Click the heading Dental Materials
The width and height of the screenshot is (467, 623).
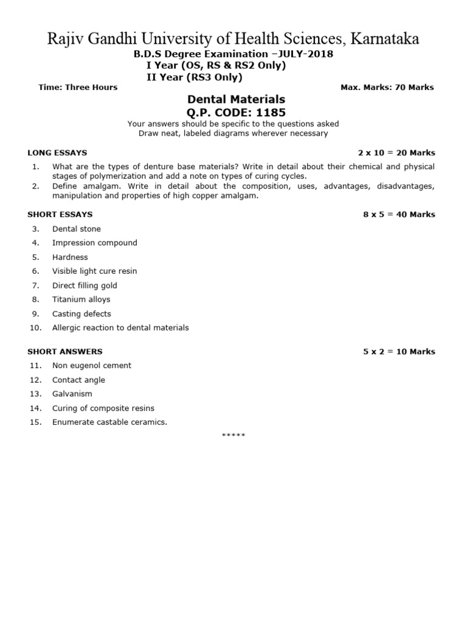point(236,99)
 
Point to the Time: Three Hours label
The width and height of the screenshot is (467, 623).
point(78,88)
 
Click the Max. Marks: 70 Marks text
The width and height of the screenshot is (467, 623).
point(387,88)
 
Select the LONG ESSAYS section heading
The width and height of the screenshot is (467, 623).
point(57,153)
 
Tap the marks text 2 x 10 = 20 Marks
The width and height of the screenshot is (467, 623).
point(396,153)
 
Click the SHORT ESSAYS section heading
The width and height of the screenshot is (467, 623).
point(60,214)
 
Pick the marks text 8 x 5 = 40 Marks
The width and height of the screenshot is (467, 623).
point(399,214)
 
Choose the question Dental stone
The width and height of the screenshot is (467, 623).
point(77,229)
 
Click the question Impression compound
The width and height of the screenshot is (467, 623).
point(95,243)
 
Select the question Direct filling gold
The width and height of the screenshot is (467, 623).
point(85,285)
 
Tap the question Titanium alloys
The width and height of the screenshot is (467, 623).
point(81,299)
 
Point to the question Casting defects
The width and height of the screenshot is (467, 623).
point(81,314)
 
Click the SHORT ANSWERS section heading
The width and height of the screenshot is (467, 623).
point(65,352)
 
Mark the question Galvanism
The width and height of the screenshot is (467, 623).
point(72,394)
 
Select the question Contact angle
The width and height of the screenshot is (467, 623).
point(78,380)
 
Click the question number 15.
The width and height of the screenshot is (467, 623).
point(35,422)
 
